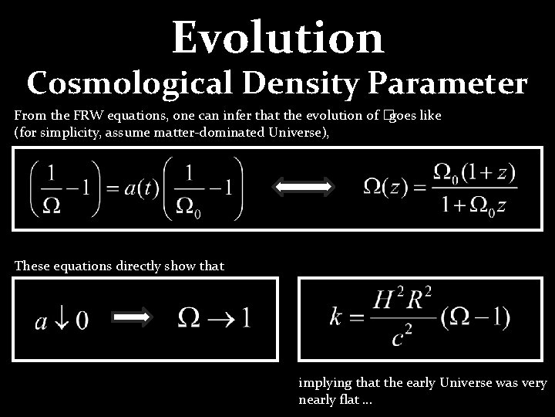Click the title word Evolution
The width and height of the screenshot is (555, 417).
click(x=277, y=36)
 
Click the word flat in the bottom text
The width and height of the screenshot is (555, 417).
click(x=345, y=400)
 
